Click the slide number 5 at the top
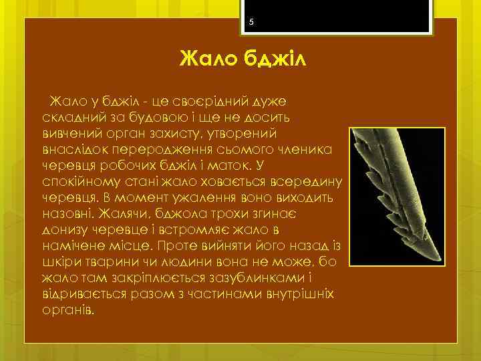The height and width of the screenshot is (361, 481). [251, 22]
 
